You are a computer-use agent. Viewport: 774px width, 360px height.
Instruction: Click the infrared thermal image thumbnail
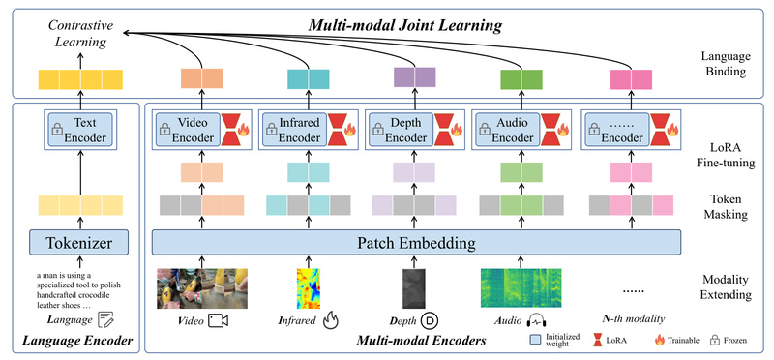tap(308, 287)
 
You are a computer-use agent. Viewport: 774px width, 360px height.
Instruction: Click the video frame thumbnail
tap(203, 287)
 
